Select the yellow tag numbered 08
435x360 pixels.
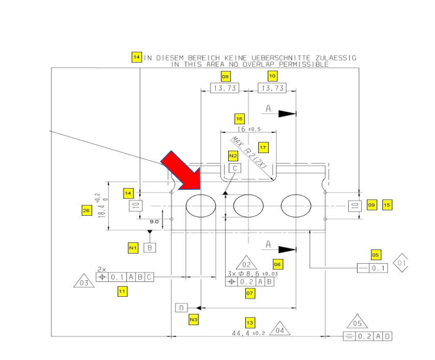(225, 76)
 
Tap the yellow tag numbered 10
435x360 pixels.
(272, 76)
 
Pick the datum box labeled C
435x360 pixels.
(235, 168)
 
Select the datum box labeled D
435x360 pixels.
(181, 307)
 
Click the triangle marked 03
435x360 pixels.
(84, 282)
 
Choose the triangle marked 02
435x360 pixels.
(247, 264)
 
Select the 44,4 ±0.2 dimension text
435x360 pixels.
(249, 333)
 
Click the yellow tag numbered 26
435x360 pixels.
(87, 209)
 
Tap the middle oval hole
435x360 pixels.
(248, 206)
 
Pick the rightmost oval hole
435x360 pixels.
(296, 206)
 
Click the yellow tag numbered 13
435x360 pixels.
(250, 322)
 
